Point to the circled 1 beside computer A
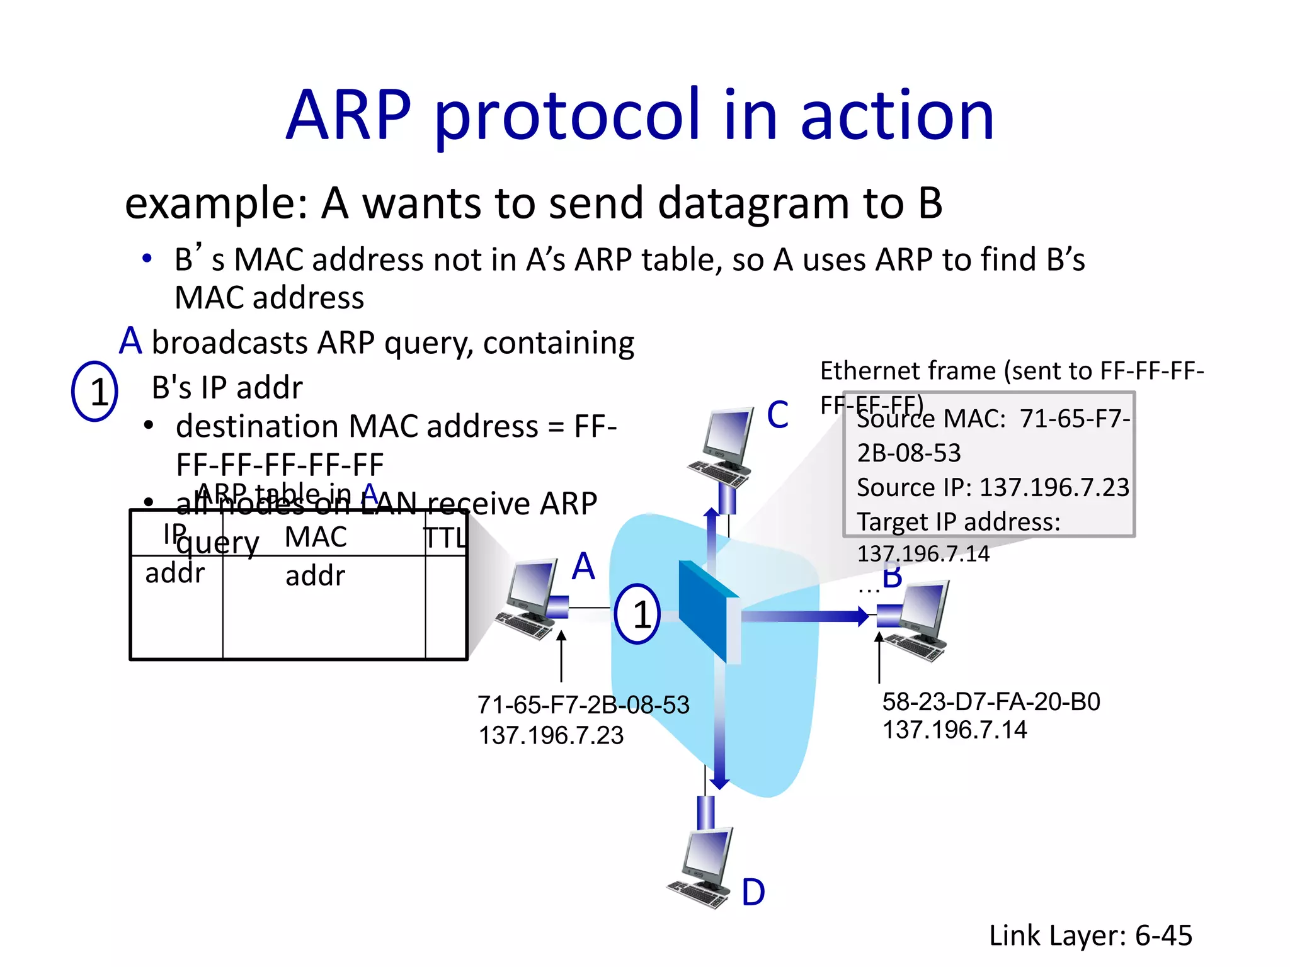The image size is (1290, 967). [637, 614]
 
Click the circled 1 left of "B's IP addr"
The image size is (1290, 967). [95, 391]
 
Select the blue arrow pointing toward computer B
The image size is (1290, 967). [806, 616]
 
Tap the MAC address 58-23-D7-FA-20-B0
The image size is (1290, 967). [991, 701]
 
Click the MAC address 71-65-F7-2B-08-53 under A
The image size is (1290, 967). [583, 704]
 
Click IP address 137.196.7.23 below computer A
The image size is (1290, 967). [551, 735]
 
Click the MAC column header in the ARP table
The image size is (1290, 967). [315, 537]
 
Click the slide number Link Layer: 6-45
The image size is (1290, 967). [1090, 935]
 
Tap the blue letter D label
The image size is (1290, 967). [753, 892]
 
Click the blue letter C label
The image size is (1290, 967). [777, 415]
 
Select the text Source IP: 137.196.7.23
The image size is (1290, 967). [993, 487]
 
